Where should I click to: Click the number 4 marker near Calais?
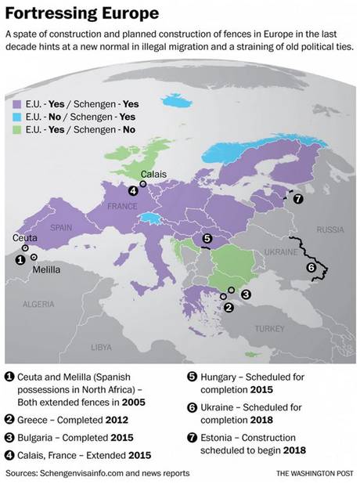(x=133, y=190)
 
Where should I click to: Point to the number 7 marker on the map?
(x=297, y=199)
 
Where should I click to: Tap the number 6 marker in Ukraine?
(x=311, y=268)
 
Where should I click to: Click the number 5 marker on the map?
(x=207, y=239)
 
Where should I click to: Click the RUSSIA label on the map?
(x=329, y=229)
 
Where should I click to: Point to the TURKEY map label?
(x=269, y=328)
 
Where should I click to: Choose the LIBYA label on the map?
(x=101, y=346)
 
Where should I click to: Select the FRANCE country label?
(x=121, y=205)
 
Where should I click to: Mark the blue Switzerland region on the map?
(x=146, y=219)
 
